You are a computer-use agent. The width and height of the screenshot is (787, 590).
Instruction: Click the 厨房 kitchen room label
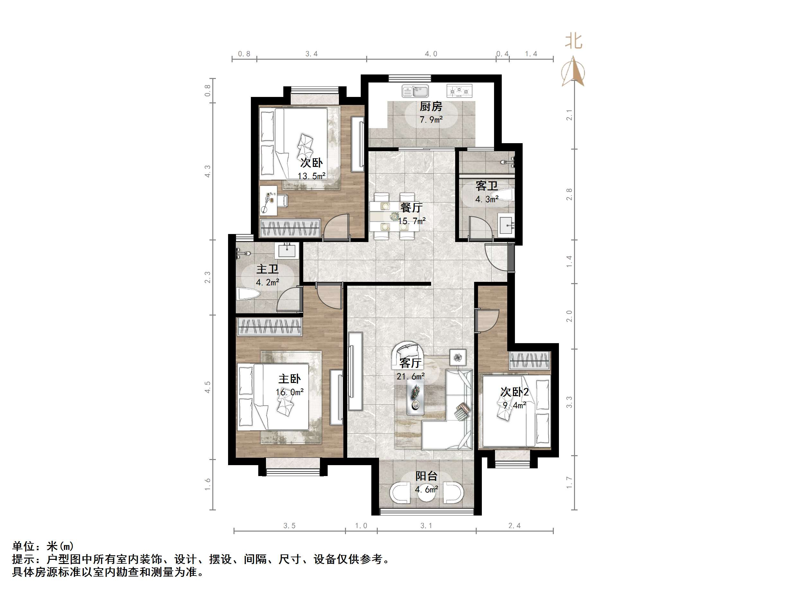[430, 106]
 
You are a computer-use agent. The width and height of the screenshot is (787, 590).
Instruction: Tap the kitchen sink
[415, 91]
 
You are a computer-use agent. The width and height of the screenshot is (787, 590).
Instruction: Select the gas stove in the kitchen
[459, 91]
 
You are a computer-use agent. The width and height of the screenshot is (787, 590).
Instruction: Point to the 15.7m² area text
[411, 221]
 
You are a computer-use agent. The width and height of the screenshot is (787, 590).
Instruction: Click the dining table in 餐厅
[394, 216]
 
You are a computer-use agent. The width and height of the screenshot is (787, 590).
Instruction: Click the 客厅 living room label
[410, 363]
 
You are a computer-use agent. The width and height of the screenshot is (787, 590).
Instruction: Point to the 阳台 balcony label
[426, 476]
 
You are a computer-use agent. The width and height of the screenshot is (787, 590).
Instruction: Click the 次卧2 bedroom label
[515, 392]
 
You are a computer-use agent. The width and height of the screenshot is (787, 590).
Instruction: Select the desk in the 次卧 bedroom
[268, 200]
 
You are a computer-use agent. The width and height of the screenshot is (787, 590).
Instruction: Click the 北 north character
[573, 41]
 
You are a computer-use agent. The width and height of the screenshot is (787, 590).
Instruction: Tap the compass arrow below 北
[573, 71]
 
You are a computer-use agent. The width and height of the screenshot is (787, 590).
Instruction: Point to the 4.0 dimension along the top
[431, 54]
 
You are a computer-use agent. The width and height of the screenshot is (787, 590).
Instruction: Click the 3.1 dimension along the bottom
[426, 525]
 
